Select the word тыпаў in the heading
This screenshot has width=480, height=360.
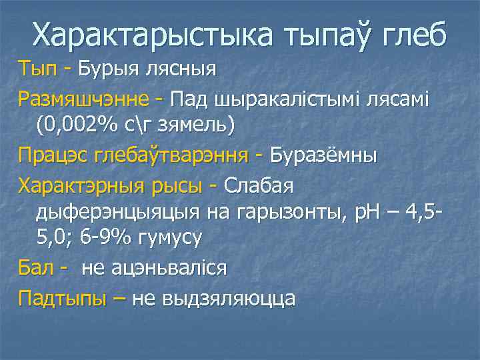[327, 35]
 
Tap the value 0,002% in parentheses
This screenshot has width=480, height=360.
[87, 124]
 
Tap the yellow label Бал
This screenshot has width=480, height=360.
[35, 268]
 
